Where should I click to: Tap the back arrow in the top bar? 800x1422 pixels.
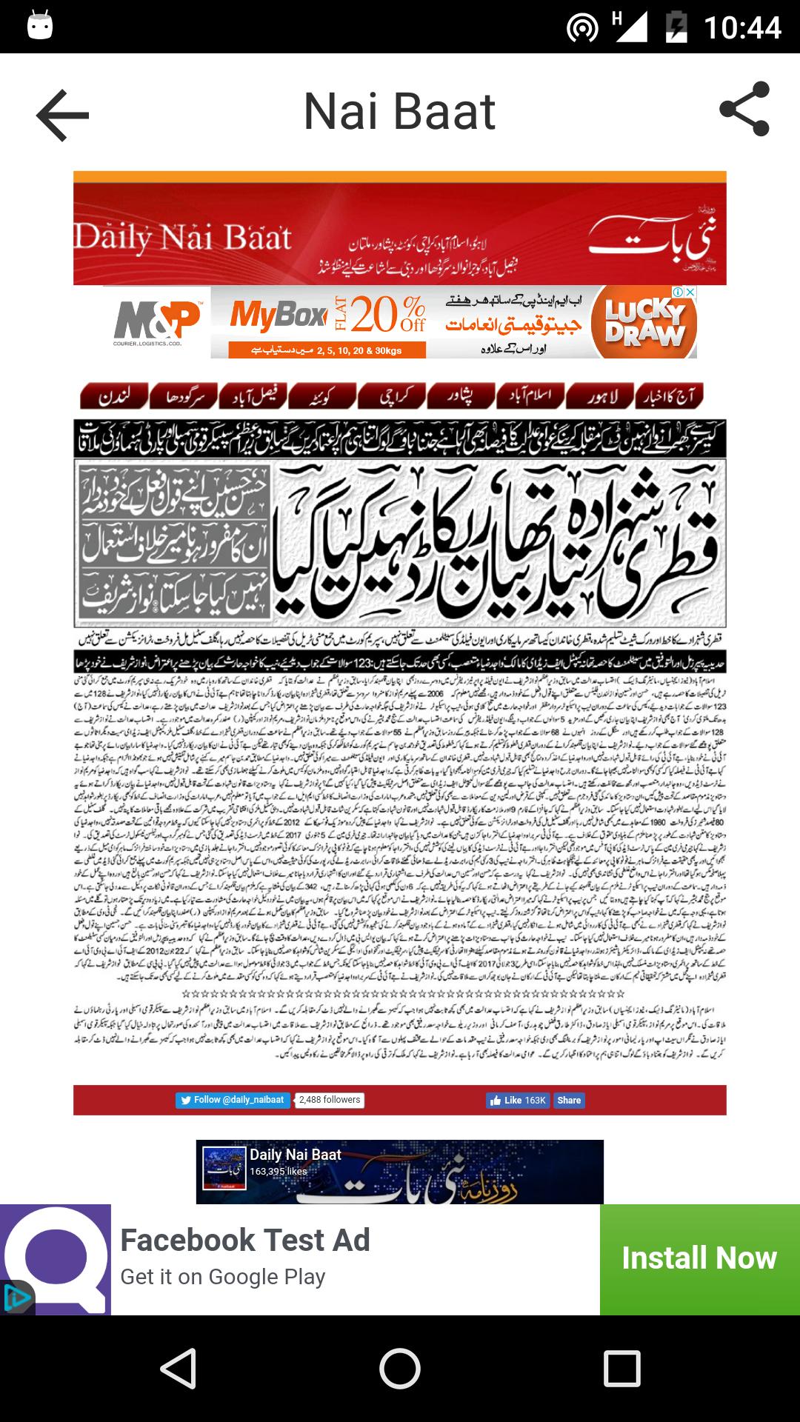pyautogui.click(x=63, y=115)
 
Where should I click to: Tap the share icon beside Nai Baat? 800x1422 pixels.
pyautogui.click(x=744, y=110)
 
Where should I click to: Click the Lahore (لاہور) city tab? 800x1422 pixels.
pyautogui.click(x=600, y=396)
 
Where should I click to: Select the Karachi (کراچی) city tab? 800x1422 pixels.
pyautogui.click(x=392, y=396)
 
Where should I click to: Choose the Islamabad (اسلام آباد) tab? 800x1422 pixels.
pyautogui.click(x=530, y=396)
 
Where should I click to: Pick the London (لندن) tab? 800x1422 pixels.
pyautogui.click(x=114, y=396)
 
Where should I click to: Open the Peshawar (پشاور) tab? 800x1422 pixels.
pyautogui.click(x=461, y=396)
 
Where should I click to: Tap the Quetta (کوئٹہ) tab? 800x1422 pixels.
pyautogui.click(x=322, y=396)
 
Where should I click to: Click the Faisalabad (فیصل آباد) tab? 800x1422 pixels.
pyautogui.click(x=253, y=396)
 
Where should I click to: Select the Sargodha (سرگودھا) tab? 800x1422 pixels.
pyautogui.click(x=183, y=396)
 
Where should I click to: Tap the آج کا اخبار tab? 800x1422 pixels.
pyautogui.click(x=670, y=396)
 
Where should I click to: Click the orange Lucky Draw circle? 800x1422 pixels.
pyautogui.click(x=644, y=324)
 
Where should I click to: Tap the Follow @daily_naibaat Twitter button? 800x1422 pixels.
pyautogui.click(x=232, y=1100)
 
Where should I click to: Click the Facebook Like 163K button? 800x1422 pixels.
pyautogui.click(x=518, y=1101)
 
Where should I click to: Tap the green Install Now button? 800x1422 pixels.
pyautogui.click(x=699, y=1258)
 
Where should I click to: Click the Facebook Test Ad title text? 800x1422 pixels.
pyautogui.click(x=245, y=1241)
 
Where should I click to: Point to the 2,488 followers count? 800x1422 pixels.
pyautogui.click(x=330, y=1100)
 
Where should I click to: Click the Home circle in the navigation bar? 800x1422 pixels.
pyautogui.click(x=400, y=1368)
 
